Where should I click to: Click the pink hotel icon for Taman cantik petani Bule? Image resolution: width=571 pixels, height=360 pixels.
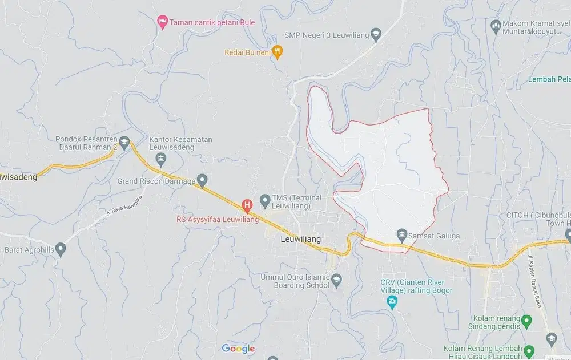(162, 22)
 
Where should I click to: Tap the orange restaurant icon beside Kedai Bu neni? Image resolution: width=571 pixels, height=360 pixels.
(277, 52)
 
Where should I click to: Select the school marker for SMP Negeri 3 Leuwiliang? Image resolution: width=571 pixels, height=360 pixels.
(376, 35)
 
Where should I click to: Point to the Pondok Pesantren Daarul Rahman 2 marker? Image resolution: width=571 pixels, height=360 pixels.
(124, 141)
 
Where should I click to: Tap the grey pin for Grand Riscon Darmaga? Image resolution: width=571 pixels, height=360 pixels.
(202, 179)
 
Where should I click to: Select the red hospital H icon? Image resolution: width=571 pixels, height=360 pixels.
(247, 204)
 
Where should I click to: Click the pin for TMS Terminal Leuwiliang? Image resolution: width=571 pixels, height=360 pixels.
(265, 200)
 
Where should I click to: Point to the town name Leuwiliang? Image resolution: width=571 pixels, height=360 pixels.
(301, 240)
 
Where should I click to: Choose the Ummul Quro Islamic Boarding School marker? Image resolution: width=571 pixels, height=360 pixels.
(336, 278)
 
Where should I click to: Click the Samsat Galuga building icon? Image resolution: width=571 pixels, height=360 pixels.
(402, 234)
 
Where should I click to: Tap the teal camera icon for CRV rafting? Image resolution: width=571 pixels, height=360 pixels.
(392, 302)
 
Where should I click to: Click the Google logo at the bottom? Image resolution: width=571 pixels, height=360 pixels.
(238, 349)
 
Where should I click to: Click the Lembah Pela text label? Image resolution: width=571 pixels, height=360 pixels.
(549, 79)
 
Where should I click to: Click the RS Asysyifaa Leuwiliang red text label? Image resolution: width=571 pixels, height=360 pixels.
(217, 219)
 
